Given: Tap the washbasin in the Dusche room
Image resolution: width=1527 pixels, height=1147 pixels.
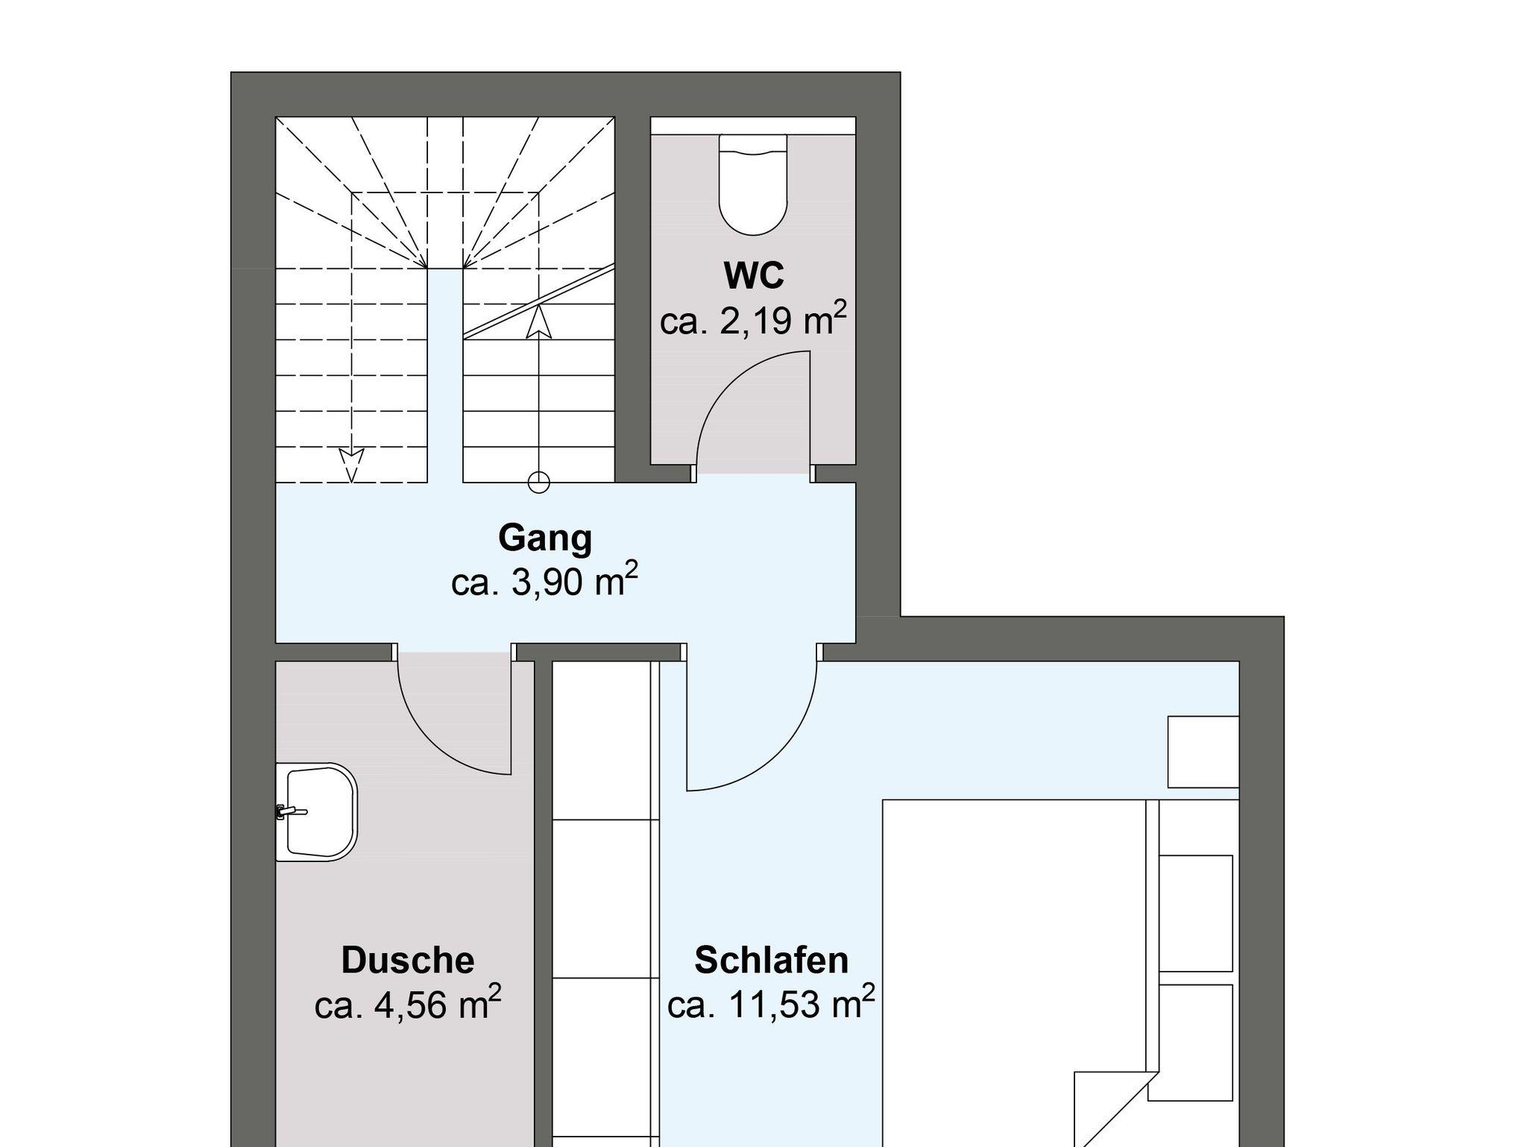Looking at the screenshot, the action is pyautogui.click(x=317, y=812).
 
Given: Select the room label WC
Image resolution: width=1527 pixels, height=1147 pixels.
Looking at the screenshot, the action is pyautogui.click(x=754, y=275).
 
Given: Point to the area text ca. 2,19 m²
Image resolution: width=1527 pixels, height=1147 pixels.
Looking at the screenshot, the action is pyautogui.click(x=754, y=319).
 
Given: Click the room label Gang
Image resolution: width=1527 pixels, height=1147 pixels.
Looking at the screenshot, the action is pyautogui.click(x=545, y=538).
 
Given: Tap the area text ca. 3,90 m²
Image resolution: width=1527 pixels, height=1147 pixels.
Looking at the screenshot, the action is pyautogui.click(x=545, y=581).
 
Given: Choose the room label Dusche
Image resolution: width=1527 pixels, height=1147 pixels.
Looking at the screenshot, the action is pyautogui.click(x=408, y=961).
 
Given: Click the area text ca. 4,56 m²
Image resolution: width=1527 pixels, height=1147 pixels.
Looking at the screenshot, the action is pyautogui.click(x=408, y=1004).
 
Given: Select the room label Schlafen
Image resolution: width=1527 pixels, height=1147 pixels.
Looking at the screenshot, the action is pyautogui.click(x=772, y=961).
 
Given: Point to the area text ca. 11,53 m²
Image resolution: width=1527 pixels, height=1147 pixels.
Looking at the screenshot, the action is pyautogui.click(x=772, y=1004).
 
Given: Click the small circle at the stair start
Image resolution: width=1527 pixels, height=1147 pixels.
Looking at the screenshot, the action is pyautogui.click(x=538, y=483).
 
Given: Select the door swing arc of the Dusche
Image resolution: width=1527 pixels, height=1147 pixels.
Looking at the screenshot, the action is pyautogui.click(x=432, y=741).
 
